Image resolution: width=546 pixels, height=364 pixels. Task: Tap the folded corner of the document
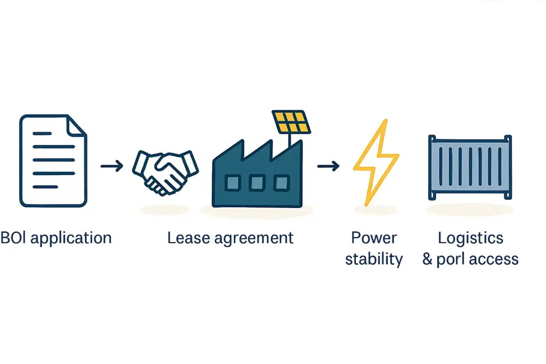(x=78, y=124)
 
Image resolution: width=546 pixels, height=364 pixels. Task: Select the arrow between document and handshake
(x=111, y=167)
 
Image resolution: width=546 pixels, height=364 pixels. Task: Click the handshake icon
(x=165, y=171)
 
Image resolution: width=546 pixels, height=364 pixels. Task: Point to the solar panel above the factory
(x=292, y=122)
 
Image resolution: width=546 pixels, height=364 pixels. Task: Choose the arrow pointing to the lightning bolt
(x=328, y=167)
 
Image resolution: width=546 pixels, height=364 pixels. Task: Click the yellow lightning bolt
(x=375, y=163)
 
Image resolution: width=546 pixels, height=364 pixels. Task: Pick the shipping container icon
(x=470, y=167)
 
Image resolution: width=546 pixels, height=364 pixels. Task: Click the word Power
(x=374, y=238)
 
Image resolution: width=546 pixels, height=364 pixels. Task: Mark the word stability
(x=374, y=260)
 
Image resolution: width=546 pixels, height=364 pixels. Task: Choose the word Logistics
(x=470, y=238)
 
